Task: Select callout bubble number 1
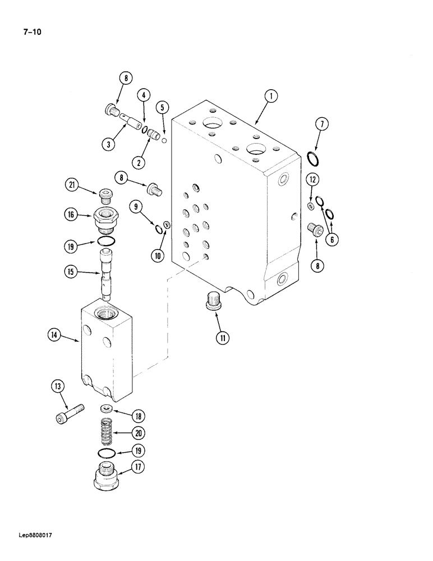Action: tap(270, 97)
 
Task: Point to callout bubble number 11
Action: tap(223, 338)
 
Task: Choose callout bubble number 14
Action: tap(55, 336)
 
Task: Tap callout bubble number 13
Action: tap(59, 386)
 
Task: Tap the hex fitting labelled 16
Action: tap(106, 219)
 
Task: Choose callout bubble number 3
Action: tap(110, 144)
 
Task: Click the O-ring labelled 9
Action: tap(159, 227)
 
